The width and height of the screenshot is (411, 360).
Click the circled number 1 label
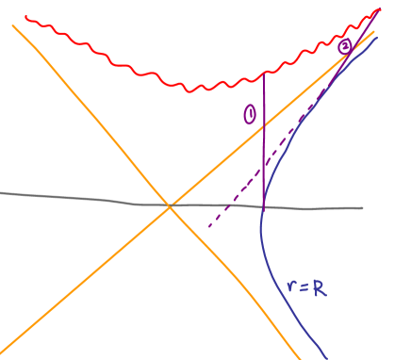pos(250,115)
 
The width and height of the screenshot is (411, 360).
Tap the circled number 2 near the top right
pos(346,46)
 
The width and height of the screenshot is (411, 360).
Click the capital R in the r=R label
pos(320,289)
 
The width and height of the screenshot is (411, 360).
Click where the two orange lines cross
pos(170,206)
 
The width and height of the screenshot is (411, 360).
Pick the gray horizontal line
pos(75,197)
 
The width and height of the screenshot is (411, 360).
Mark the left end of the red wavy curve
pos(25,17)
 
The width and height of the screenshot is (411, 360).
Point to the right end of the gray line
pos(363,208)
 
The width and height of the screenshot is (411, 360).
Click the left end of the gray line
pos(1,193)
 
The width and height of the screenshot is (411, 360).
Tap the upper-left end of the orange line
pos(13,25)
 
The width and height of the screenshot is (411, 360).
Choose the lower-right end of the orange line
pos(301,358)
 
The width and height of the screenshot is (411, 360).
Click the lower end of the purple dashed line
pos(208,226)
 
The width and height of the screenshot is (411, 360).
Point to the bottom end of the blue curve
pos(326,358)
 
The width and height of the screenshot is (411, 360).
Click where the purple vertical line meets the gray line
pos(263,206)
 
